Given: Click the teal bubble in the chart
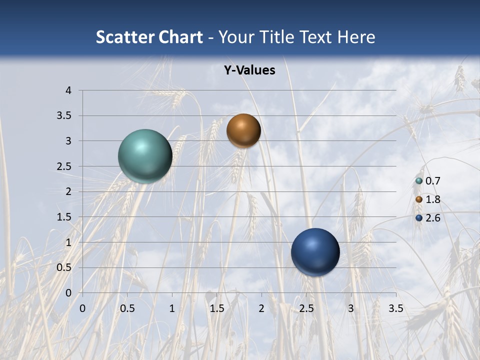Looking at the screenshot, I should click(145, 156).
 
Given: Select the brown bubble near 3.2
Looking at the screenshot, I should click(243, 130).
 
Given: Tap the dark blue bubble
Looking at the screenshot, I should click(315, 252).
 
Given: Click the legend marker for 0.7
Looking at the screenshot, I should click(419, 181).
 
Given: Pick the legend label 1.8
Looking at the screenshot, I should click(433, 199).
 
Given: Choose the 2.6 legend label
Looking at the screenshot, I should click(433, 218).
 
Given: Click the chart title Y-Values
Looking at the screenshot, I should click(249, 70).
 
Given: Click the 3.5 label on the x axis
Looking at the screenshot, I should click(395, 308).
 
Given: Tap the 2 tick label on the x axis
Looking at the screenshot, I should click(261, 308).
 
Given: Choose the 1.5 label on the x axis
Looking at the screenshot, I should click(216, 308).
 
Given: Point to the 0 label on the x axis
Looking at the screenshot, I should click(82, 308).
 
